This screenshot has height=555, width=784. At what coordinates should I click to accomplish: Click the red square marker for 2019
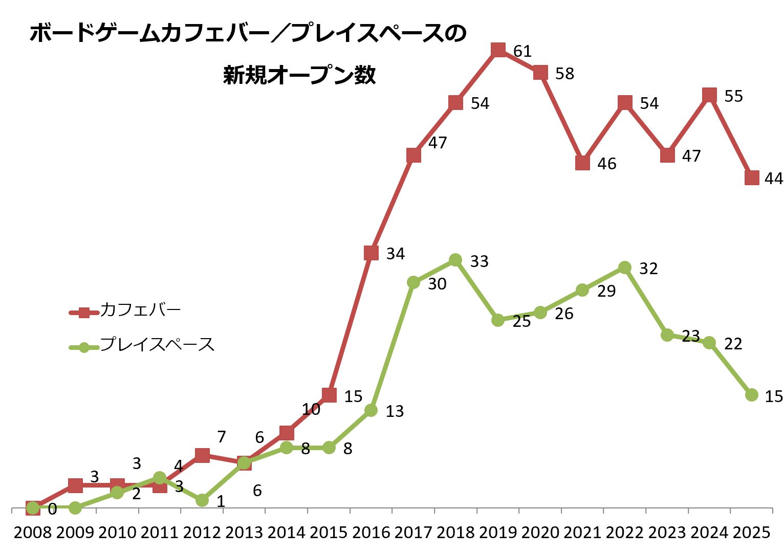(x=498, y=50)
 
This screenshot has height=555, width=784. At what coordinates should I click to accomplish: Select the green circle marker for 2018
(x=455, y=260)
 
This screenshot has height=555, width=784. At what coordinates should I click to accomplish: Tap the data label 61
(x=522, y=52)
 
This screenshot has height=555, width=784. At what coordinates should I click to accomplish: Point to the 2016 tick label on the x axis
(x=371, y=533)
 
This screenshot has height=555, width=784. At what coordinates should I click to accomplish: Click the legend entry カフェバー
(x=140, y=310)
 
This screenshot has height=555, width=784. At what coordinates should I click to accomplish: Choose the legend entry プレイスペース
(x=157, y=345)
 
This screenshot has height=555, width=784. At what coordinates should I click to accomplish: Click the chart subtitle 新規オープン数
(x=299, y=76)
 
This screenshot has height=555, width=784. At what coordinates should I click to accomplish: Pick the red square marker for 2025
(x=752, y=177)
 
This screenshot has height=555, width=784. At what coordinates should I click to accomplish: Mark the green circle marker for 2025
(x=752, y=395)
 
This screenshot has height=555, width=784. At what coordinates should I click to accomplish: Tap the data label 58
(x=564, y=74)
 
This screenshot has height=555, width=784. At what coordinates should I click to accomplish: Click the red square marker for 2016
(x=371, y=253)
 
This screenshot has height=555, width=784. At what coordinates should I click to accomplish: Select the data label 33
(x=480, y=262)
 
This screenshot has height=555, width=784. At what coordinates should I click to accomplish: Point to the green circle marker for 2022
(x=624, y=268)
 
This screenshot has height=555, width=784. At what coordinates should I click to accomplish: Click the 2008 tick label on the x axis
(x=33, y=533)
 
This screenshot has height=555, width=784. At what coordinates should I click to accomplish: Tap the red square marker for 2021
(x=582, y=163)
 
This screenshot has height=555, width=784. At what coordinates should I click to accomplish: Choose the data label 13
(x=395, y=412)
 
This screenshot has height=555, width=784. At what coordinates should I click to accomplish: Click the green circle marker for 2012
(x=202, y=500)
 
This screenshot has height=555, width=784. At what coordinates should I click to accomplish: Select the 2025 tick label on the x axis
(x=751, y=533)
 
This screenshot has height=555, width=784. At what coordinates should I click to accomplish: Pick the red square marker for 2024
(x=709, y=95)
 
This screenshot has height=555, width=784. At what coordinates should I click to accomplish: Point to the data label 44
(x=773, y=179)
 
